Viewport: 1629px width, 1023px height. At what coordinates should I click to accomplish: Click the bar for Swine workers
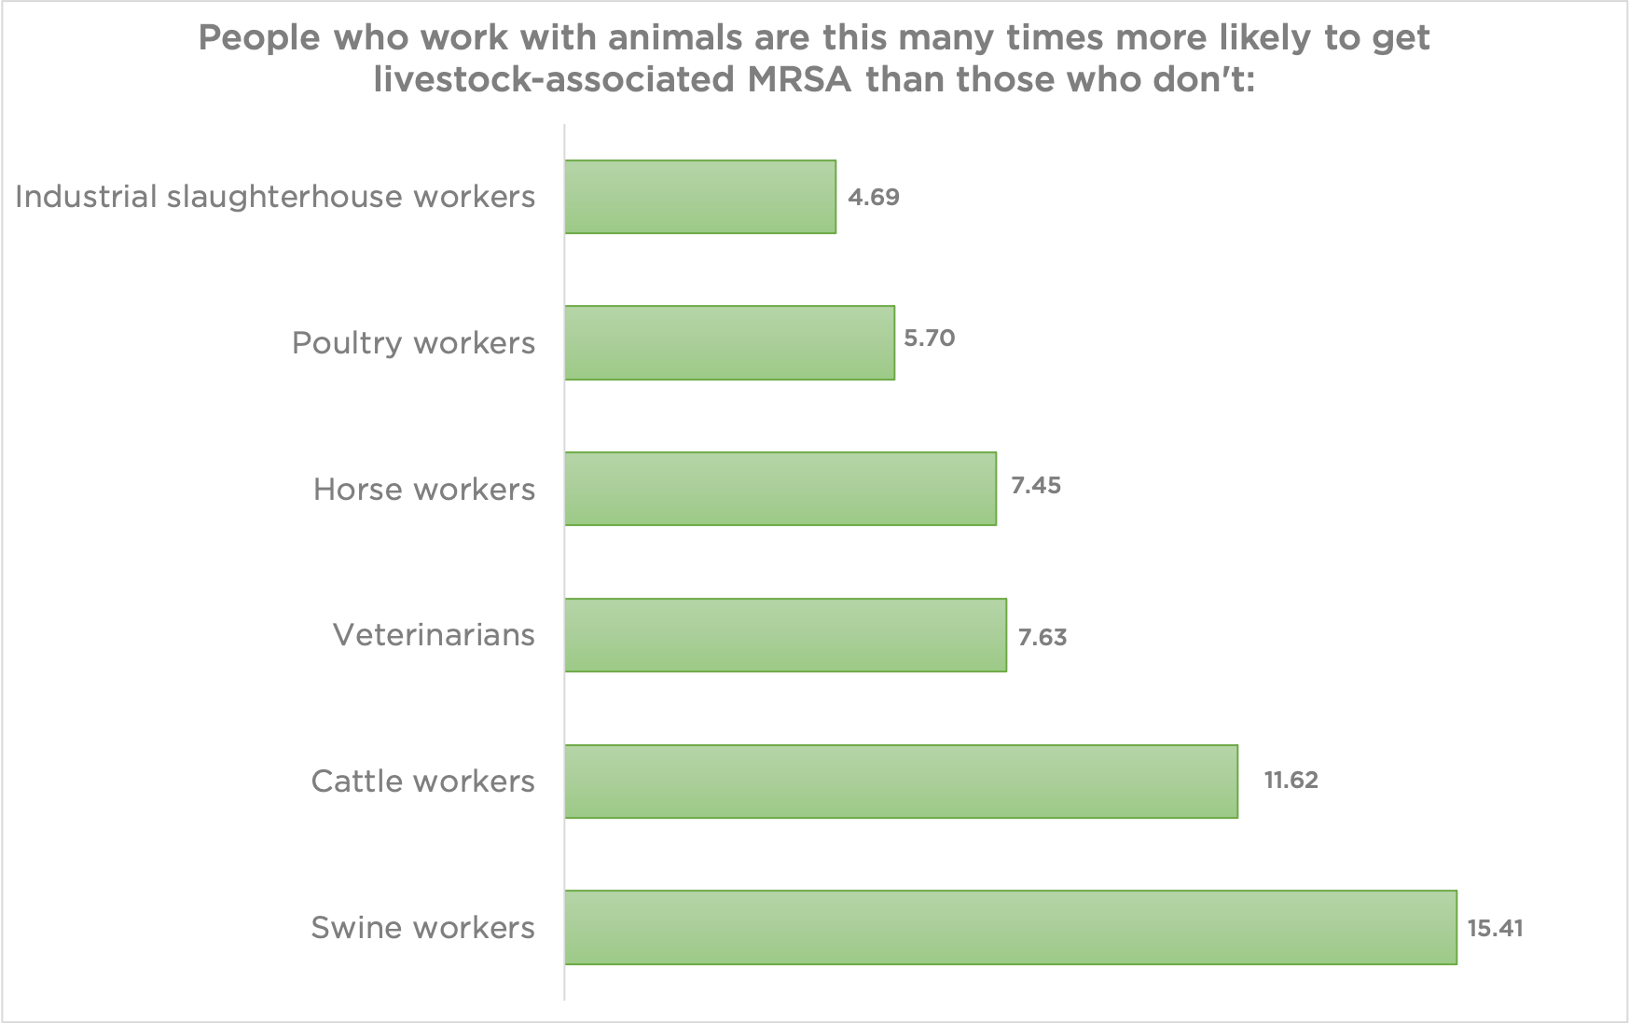click(1010, 927)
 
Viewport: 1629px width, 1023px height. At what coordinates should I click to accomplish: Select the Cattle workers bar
click(901, 781)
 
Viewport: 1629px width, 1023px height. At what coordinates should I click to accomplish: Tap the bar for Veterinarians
click(785, 635)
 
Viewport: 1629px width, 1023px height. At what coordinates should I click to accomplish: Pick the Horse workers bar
click(780, 489)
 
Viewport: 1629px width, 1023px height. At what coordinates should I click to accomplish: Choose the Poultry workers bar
click(729, 342)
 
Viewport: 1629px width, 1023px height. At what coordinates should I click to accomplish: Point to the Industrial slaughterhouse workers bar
click(700, 197)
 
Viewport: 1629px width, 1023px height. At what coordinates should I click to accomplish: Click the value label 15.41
click(1495, 928)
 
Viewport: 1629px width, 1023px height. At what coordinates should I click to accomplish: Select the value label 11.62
click(1291, 780)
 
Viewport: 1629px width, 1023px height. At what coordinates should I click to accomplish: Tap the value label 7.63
click(1042, 637)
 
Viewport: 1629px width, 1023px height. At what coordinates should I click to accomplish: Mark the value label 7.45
click(1036, 486)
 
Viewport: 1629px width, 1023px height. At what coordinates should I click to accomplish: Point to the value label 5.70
click(930, 338)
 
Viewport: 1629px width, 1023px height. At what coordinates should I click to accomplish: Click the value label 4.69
click(874, 197)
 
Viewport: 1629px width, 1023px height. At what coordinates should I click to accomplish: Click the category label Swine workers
click(422, 927)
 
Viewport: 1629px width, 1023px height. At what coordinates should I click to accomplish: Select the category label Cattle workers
click(422, 781)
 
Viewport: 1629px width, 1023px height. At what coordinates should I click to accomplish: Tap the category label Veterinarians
click(434, 635)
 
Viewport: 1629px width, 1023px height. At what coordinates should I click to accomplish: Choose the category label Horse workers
click(424, 489)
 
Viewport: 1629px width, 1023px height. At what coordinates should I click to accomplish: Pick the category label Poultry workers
click(413, 342)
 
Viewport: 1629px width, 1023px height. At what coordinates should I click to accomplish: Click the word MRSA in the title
click(799, 79)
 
